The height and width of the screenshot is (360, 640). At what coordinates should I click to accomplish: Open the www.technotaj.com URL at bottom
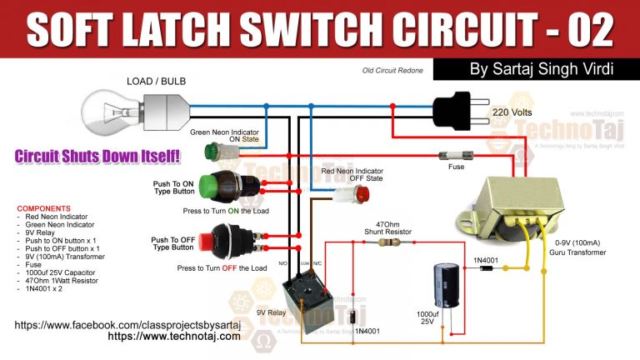coord(174,337)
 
